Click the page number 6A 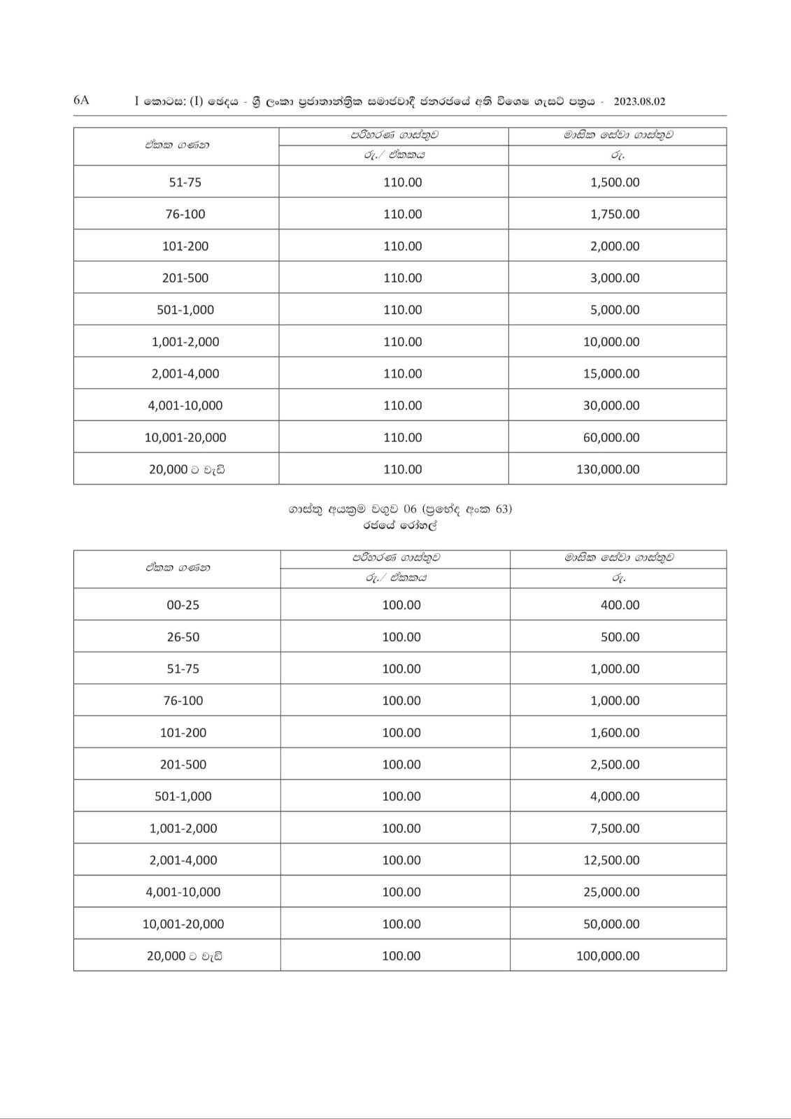[81, 100]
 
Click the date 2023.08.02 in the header [639, 101]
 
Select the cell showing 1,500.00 [615, 183]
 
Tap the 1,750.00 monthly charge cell [615, 215]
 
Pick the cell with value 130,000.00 [608, 469]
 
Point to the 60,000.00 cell [611, 438]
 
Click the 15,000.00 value [611, 374]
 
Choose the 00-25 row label [183, 605]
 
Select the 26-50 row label [183, 637]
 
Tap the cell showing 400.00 [620, 605]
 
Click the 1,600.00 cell [615, 733]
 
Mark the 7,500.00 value [615, 829]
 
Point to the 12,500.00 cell [611, 860]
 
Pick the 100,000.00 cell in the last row [608, 956]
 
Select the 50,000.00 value [611, 925]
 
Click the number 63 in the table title [502, 509]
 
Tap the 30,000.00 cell [611, 406]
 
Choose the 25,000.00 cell [611, 892]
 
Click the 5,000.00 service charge [615, 310]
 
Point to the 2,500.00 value [615, 765]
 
